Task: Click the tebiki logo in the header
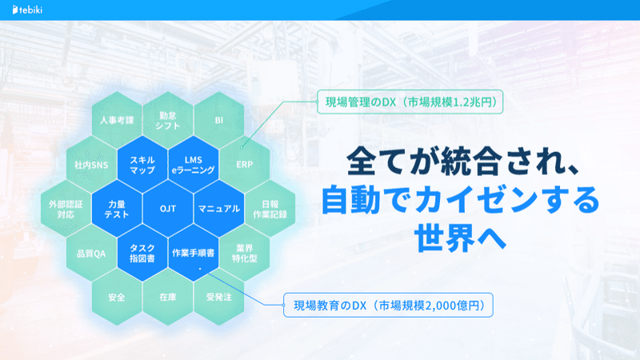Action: (27, 10)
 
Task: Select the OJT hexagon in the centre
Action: (168, 209)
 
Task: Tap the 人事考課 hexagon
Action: (117, 120)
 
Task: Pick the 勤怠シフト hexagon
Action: (168, 120)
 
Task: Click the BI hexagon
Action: (218, 120)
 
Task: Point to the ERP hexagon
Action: (245, 165)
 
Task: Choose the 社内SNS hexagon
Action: (91, 165)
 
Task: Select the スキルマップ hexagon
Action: (142, 165)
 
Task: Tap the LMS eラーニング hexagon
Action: (194, 165)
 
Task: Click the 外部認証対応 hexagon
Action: (66, 209)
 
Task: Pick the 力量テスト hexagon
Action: (117, 209)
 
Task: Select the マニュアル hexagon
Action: (218, 209)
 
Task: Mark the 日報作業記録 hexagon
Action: (270, 209)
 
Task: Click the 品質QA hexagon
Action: (91, 253)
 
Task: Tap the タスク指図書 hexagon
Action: (142, 253)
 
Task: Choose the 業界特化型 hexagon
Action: (245, 253)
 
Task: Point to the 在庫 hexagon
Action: (168, 297)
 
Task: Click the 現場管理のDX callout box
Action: (410, 102)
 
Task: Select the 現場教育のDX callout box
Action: (388, 305)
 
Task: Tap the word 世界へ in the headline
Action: (460, 237)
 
